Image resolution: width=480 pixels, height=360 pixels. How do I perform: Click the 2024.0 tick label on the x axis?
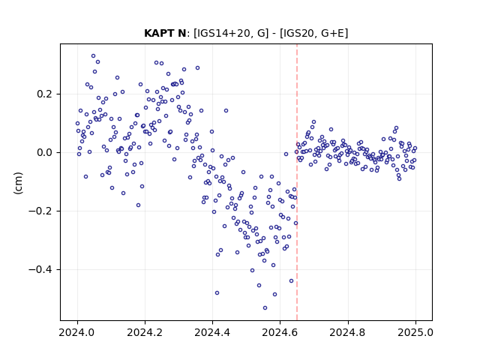coord(77,332)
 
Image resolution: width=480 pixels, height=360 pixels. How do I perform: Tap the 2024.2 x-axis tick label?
coord(145,332)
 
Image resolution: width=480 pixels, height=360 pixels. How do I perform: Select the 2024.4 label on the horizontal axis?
coord(212,332)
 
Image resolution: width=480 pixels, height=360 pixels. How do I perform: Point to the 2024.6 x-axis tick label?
coord(280,332)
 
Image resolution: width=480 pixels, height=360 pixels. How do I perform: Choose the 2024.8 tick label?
coord(348,332)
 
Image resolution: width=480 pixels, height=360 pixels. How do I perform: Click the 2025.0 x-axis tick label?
coord(415,332)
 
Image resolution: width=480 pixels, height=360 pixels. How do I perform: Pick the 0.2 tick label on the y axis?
coord(46,94)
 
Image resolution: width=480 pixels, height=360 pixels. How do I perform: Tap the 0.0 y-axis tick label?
coord(46,152)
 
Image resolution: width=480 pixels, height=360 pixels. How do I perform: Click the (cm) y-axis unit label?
coord(18,183)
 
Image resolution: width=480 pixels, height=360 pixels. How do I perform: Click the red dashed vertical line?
coord(297,182)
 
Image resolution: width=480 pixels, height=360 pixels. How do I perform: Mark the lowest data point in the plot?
coord(265,307)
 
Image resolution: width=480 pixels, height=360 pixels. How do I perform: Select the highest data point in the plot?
coord(93,55)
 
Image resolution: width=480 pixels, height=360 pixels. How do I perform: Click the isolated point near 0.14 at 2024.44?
coord(226,110)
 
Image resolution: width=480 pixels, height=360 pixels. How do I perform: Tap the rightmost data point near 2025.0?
coord(415,148)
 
